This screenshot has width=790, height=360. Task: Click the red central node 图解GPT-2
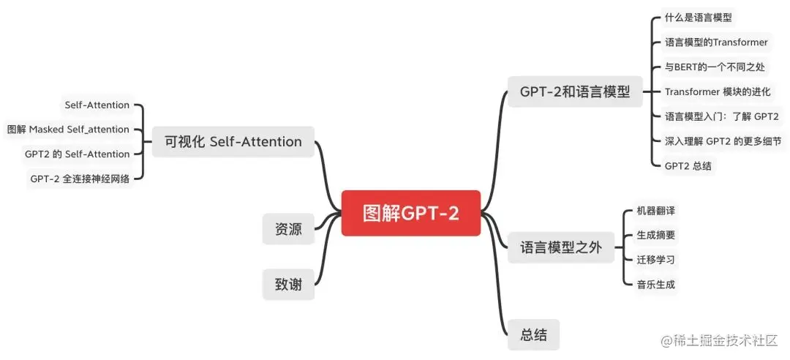click(411, 213)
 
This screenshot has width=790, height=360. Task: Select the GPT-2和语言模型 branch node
click(575, 91)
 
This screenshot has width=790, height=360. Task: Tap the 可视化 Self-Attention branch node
click(233, 141)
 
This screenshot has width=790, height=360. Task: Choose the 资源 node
click(288, 229)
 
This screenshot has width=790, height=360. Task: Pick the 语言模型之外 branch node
click(560, 248)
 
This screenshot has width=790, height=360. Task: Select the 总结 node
click(533, 334)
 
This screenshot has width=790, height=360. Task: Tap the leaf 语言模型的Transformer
click(715, 42)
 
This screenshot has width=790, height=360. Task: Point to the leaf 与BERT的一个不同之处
click(714, 67)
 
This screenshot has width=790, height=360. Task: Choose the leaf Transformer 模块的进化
click(717, 91)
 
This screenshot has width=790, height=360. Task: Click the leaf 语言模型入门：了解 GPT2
click(721, 116)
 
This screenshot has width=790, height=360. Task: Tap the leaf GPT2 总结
click(688, 166)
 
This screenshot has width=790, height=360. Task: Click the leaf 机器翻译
click(655, 211)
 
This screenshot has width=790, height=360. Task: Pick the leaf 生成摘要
click(655, 236)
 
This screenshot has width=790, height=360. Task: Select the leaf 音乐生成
click(655, 285)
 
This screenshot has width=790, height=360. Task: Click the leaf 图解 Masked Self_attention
click(68, 130)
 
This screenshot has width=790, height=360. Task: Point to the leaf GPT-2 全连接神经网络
click(80, 179)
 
